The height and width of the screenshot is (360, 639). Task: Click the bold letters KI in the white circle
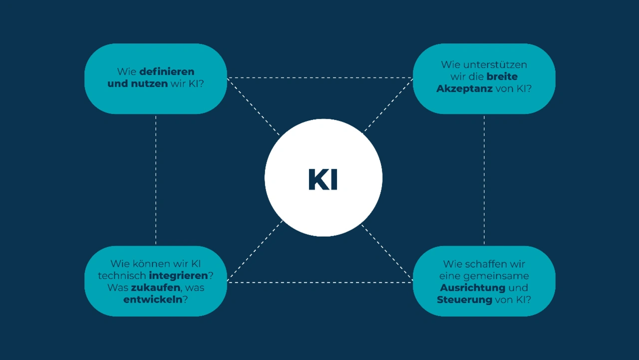323,179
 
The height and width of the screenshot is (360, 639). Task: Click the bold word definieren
167,71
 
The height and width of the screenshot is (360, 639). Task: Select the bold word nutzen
149,83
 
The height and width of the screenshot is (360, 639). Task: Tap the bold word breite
502,76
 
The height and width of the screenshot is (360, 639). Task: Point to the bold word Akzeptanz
464,89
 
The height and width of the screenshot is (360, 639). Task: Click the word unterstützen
495,65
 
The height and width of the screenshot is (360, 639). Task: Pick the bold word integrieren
178,276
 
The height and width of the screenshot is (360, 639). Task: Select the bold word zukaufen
156,288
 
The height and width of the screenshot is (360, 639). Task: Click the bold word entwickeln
153,300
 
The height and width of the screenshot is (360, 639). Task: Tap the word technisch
122,276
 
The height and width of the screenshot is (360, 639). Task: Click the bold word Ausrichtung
473,288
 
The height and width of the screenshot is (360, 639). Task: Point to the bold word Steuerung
465,300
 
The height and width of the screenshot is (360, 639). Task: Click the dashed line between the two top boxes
320,77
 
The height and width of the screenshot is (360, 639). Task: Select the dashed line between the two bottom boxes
320,283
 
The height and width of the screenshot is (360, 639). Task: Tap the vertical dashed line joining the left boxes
156,180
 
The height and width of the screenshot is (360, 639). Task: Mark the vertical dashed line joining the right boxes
484,180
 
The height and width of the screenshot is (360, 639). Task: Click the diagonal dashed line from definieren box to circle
253,106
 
